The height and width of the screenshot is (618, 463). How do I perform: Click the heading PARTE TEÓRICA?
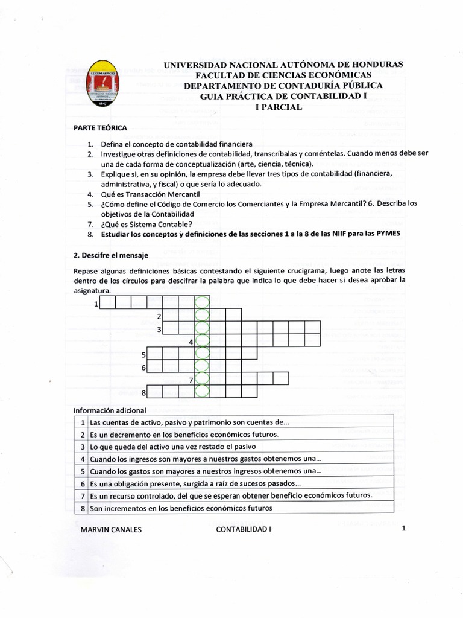(x=100, y=127)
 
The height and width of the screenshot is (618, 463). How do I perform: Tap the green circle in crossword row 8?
(x=202, y=393)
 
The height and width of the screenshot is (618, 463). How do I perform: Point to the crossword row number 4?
(x=191, y=342)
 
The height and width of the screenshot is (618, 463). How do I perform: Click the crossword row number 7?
(x=191, y=380)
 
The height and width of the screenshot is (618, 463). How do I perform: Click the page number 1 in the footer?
(x=403, y=529)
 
